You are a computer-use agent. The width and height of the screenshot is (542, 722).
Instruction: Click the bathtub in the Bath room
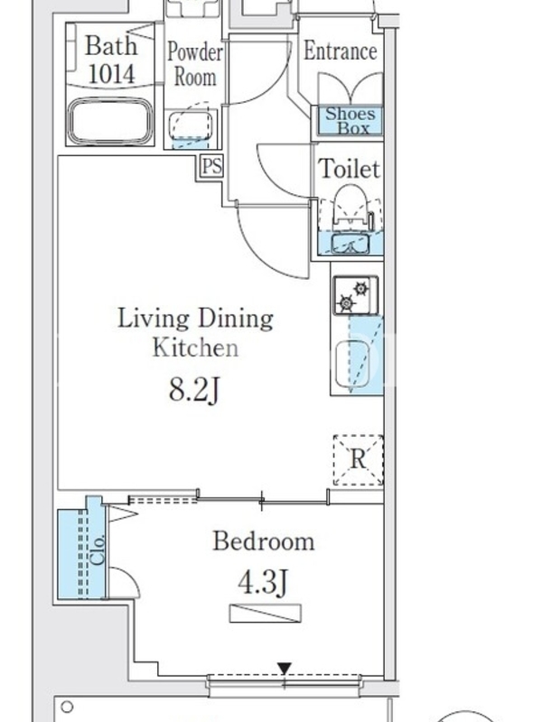pyautogui.click(x=109, y=121)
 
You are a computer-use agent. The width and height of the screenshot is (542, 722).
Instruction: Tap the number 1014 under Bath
pyautogui.click(x=111, y=74)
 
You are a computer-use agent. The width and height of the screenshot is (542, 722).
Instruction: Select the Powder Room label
pyautogui.click(x=195, y=64)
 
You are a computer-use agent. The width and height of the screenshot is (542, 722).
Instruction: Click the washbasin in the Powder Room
pyautogui.click(x=192, y=123)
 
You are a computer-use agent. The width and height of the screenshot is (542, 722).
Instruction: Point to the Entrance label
pyautogui.click(x=341, y=51)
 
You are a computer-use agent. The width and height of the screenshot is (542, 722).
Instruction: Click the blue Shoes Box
pyautogui.click(x=350, y=120)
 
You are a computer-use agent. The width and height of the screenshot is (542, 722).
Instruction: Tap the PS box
pyautogui.click(x=212, y=166)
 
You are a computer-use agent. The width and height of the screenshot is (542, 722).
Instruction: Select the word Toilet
pyautogui.click(x=350, y=169)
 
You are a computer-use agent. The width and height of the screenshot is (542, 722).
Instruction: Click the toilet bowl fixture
pyautogui.click(x=350, y=206)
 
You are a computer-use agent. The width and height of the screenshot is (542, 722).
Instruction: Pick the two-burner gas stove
pyautogui.click(x=355, y=295)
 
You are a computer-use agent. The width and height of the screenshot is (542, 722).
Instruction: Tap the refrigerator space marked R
pyautogui.click(x=358, y=459)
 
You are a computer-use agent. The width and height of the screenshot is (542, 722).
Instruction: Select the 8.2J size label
pyautogui.click(x=194, y=390)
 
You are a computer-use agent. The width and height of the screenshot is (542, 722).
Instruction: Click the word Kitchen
pyautogui.click(x=195, y=348)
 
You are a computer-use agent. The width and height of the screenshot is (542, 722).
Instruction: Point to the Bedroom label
pyautogui.click(x=263, y=541)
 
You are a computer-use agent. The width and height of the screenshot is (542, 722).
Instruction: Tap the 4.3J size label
pyautogui.click(x=263, y=581)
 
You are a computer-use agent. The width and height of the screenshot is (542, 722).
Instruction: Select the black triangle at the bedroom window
pyautogui.click(x=285, y=668)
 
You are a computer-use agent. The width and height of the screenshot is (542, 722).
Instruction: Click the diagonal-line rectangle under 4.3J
pyautogui.click(x=266, y=614)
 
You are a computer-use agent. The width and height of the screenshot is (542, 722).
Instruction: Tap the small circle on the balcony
pyautogui.click(x=67, y=706)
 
